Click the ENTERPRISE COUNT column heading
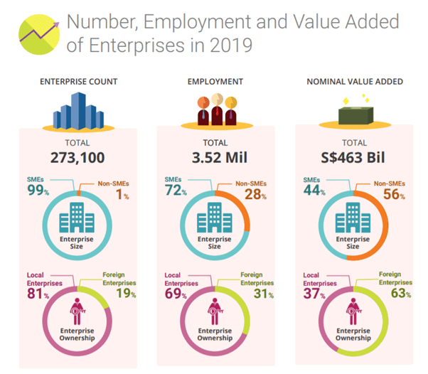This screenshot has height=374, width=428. pos(79,82)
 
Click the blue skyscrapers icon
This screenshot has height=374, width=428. pos(79,111)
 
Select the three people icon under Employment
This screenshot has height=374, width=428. pos(215,111)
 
